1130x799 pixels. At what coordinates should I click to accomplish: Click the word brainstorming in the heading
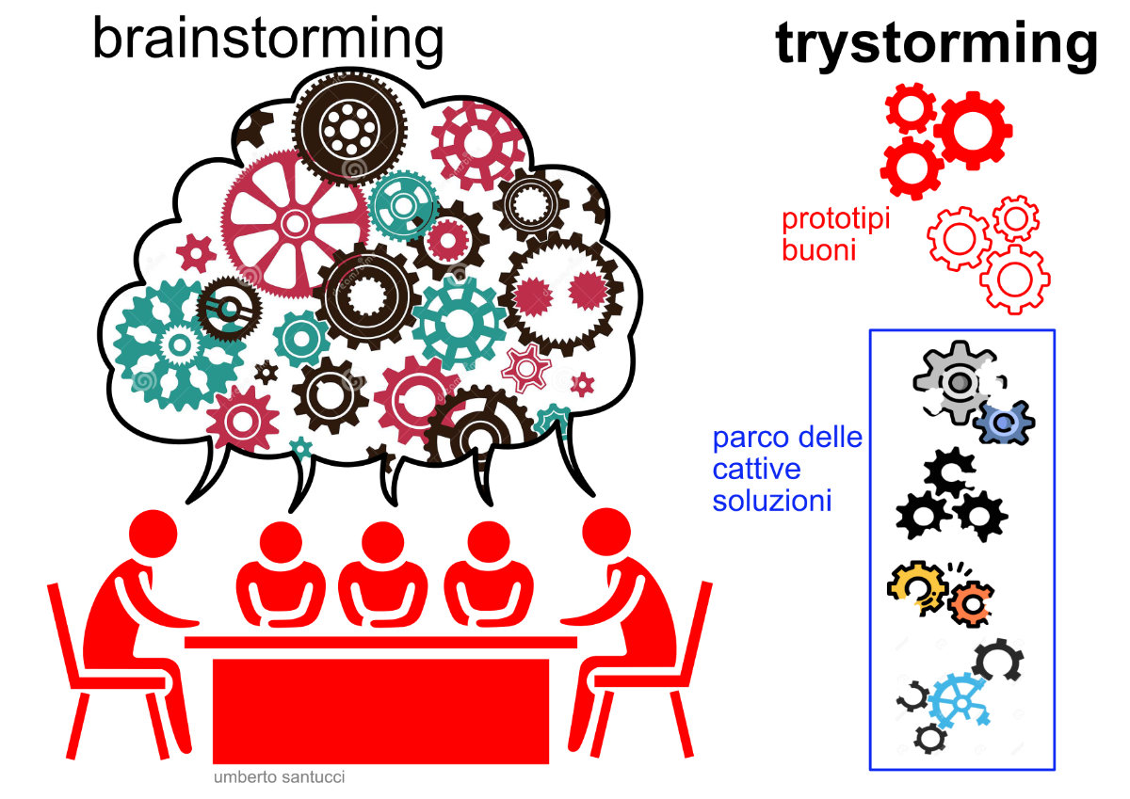coord(267,40)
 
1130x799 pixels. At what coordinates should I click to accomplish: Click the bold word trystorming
coord(936,43)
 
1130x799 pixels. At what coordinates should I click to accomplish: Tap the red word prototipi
coord(835,221)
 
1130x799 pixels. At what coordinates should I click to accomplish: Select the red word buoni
coord(818,250)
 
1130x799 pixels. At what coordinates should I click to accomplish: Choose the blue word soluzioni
coord(772,500)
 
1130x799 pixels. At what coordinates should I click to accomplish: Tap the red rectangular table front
coord(381,706)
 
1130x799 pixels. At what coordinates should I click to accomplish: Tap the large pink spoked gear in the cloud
coord(293,222)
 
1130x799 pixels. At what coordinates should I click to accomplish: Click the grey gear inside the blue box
coord(953,381)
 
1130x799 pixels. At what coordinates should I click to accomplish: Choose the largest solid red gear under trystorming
coord(972,130)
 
